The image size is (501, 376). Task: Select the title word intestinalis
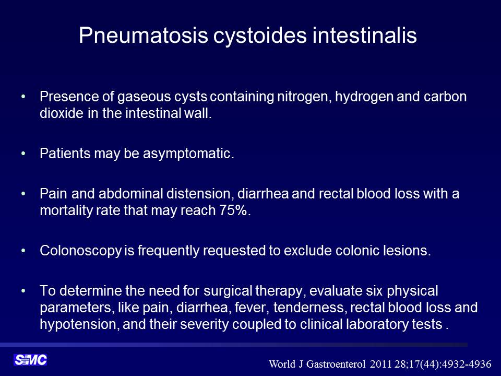(x=365, y=34)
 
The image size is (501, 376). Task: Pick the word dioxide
(x=62, y=113)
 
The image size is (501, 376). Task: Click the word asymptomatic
(x=188, y=154)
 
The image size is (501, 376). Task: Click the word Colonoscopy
(x=81, y=251)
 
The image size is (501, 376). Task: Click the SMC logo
(x=30, y=360)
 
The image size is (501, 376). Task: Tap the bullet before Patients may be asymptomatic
(x=23, y=154)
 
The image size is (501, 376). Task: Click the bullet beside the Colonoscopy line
(x=23, y=251)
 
